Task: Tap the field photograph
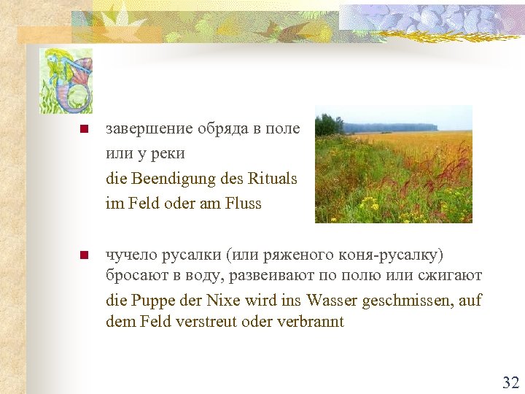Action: point(393,164)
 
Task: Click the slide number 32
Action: point(510,382)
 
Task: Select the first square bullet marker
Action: point(84,130)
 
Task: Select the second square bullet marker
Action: point(84,255)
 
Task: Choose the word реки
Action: point(170,154)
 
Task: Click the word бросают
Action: point(134,276)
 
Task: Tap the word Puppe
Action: point(149,300)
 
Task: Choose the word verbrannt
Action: point(311,321)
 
